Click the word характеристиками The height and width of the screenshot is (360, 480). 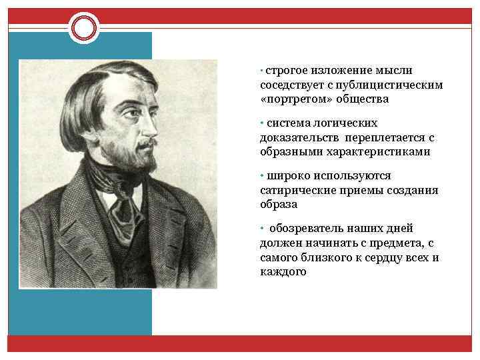click(378, 151)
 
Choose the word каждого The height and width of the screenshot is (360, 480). click(283, 271)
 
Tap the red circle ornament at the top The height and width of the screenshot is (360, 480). click(84, 27)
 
